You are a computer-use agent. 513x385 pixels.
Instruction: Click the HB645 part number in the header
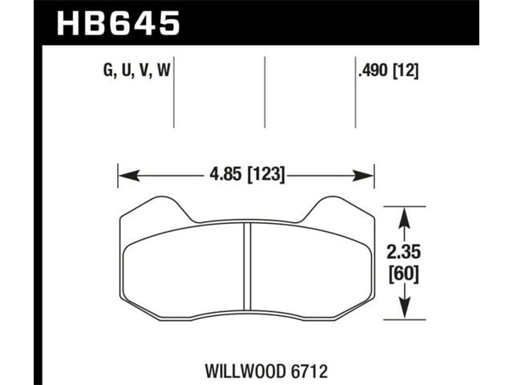118,23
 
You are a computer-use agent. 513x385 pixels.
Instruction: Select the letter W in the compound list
164,71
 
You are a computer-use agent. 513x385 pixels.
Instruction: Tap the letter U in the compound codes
127,71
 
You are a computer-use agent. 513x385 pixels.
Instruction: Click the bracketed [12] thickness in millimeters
406,71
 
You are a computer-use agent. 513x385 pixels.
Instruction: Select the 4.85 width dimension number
227,175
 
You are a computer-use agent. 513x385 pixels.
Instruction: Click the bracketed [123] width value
267,175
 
